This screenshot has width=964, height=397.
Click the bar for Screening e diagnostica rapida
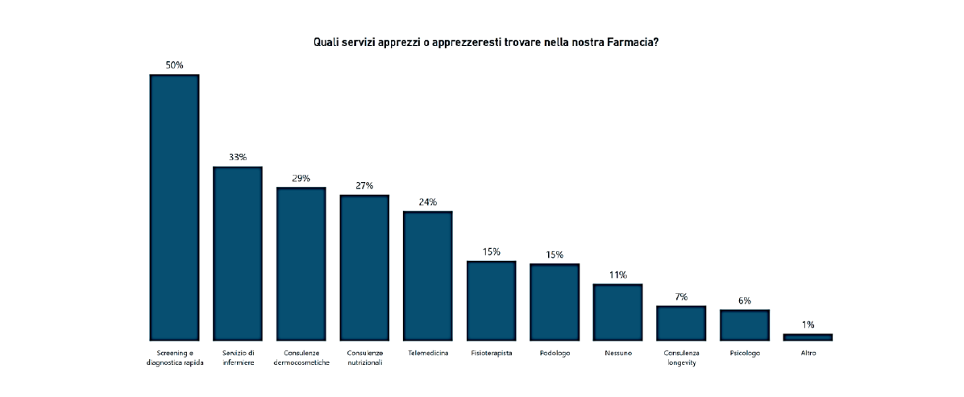174,207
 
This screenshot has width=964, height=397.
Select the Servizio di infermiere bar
237,253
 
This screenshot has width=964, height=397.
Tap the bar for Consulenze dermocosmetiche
301,263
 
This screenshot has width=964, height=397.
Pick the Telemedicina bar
427,275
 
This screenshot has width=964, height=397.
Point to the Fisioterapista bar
491,300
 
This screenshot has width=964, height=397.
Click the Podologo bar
554,302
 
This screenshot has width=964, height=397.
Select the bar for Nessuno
617,312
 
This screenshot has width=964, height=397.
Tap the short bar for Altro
808,337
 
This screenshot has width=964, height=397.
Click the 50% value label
174,65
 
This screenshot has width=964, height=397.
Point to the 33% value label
237,157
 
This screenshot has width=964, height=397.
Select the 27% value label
364,185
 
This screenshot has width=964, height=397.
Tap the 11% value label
617,275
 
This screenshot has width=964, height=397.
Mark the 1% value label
808,325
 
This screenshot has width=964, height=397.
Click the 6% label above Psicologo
744,300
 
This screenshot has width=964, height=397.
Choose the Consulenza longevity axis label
681,358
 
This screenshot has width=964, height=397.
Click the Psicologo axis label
744,353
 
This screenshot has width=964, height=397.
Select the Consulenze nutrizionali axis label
364,358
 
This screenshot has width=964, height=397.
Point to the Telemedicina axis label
427,353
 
